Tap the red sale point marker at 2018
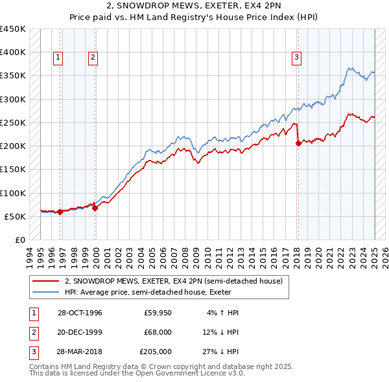[298, 144]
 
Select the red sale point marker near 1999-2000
[95, 208]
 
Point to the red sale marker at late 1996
[60, 212]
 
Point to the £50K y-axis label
[15, 216]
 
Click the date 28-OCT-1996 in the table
[80, 313]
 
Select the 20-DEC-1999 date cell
[80, 332]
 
